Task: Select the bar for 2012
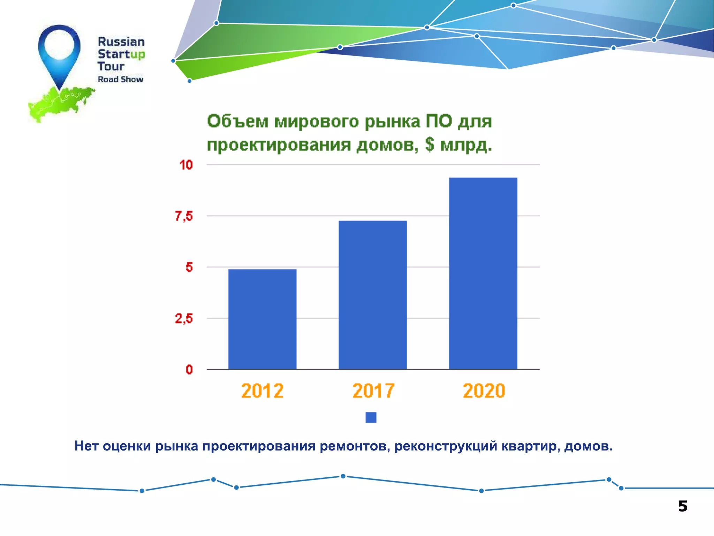click(262, 319)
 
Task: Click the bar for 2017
click(372, 295)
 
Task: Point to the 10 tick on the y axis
click(186, 165)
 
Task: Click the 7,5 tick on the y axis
click(184, 216)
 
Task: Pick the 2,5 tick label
click(184, 318)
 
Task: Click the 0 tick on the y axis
click(189, 370)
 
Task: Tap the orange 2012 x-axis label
click(262, 391)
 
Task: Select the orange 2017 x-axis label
click(373, 391)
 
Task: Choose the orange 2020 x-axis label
click(484, 391)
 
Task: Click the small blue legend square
click(371, 417)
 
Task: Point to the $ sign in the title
click(430, 144)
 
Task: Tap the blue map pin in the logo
click(59, 52)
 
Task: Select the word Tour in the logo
click(111, 66)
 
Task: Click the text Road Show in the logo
click(120, 79)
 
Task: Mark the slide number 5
click(683, 506)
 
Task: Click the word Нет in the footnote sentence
click(87, 446)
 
